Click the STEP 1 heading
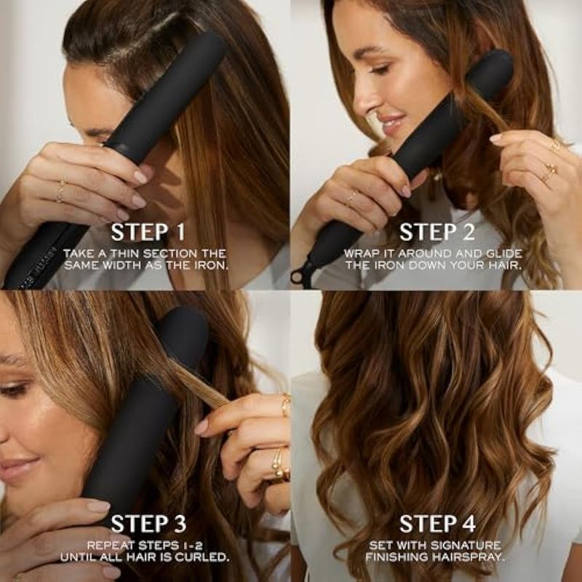[x=148, y=232]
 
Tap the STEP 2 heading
[x=437, y=232]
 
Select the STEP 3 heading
[x=148, y=524]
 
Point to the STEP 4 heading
[x=437, y=524]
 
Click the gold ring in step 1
[x=61, y=192]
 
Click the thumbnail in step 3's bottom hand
[x=97, y=506]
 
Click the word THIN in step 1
[x=124, y=254]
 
